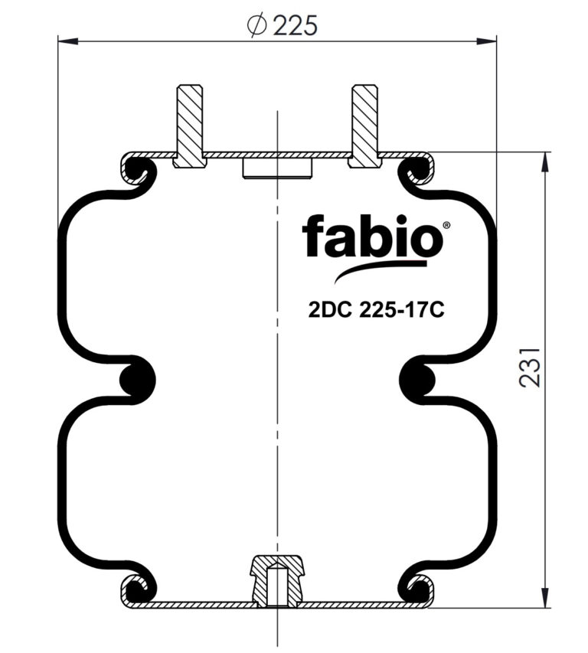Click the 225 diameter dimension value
[296, 25]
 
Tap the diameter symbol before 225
[256, 25]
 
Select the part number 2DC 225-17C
[376, 310]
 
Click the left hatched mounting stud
[190, 126]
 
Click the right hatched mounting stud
[364, 126]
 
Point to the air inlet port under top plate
[277, 168]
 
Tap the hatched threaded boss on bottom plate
[277, 580]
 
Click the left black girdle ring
[137, 380]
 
